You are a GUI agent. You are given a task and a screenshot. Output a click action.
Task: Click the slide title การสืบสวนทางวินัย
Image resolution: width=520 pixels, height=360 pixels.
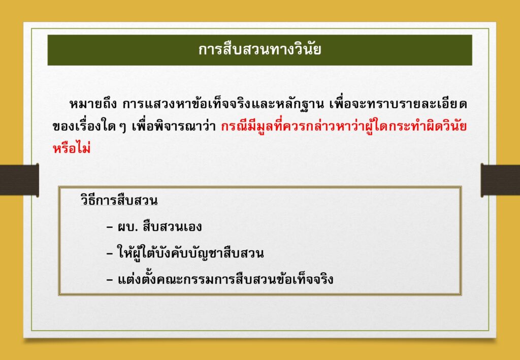[259, 50]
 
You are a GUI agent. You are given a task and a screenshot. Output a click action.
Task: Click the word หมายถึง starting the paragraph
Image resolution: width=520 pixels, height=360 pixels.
[93, 105]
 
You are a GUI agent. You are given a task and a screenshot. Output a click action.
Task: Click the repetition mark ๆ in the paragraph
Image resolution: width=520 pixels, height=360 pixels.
[124, 128]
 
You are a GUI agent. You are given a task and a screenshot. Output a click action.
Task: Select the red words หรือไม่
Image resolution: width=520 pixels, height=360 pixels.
[72, 148]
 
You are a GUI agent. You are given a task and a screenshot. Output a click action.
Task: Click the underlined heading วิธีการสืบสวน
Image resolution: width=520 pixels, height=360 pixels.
[119, 201]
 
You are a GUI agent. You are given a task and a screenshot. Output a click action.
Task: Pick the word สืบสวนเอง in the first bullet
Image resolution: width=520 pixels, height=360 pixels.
[173, 227]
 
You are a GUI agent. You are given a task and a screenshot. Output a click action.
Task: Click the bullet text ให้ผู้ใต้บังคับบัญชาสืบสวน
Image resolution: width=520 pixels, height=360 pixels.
[191, 253]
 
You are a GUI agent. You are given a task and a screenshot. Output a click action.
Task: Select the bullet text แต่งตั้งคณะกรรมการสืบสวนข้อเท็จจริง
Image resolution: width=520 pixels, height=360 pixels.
[225, 279]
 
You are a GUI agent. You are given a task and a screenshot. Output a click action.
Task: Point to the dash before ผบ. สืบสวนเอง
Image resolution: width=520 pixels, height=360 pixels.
[110, 228]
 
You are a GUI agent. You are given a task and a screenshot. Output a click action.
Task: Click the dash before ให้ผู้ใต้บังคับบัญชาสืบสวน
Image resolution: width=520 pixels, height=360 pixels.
[110, 254]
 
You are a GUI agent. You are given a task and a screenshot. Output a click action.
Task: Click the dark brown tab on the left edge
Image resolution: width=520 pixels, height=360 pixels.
[19, 180]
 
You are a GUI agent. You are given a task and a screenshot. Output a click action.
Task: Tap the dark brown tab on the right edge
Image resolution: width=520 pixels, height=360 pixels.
[500, 180]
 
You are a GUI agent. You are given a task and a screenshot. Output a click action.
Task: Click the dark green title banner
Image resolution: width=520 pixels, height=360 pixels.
[259, 50]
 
